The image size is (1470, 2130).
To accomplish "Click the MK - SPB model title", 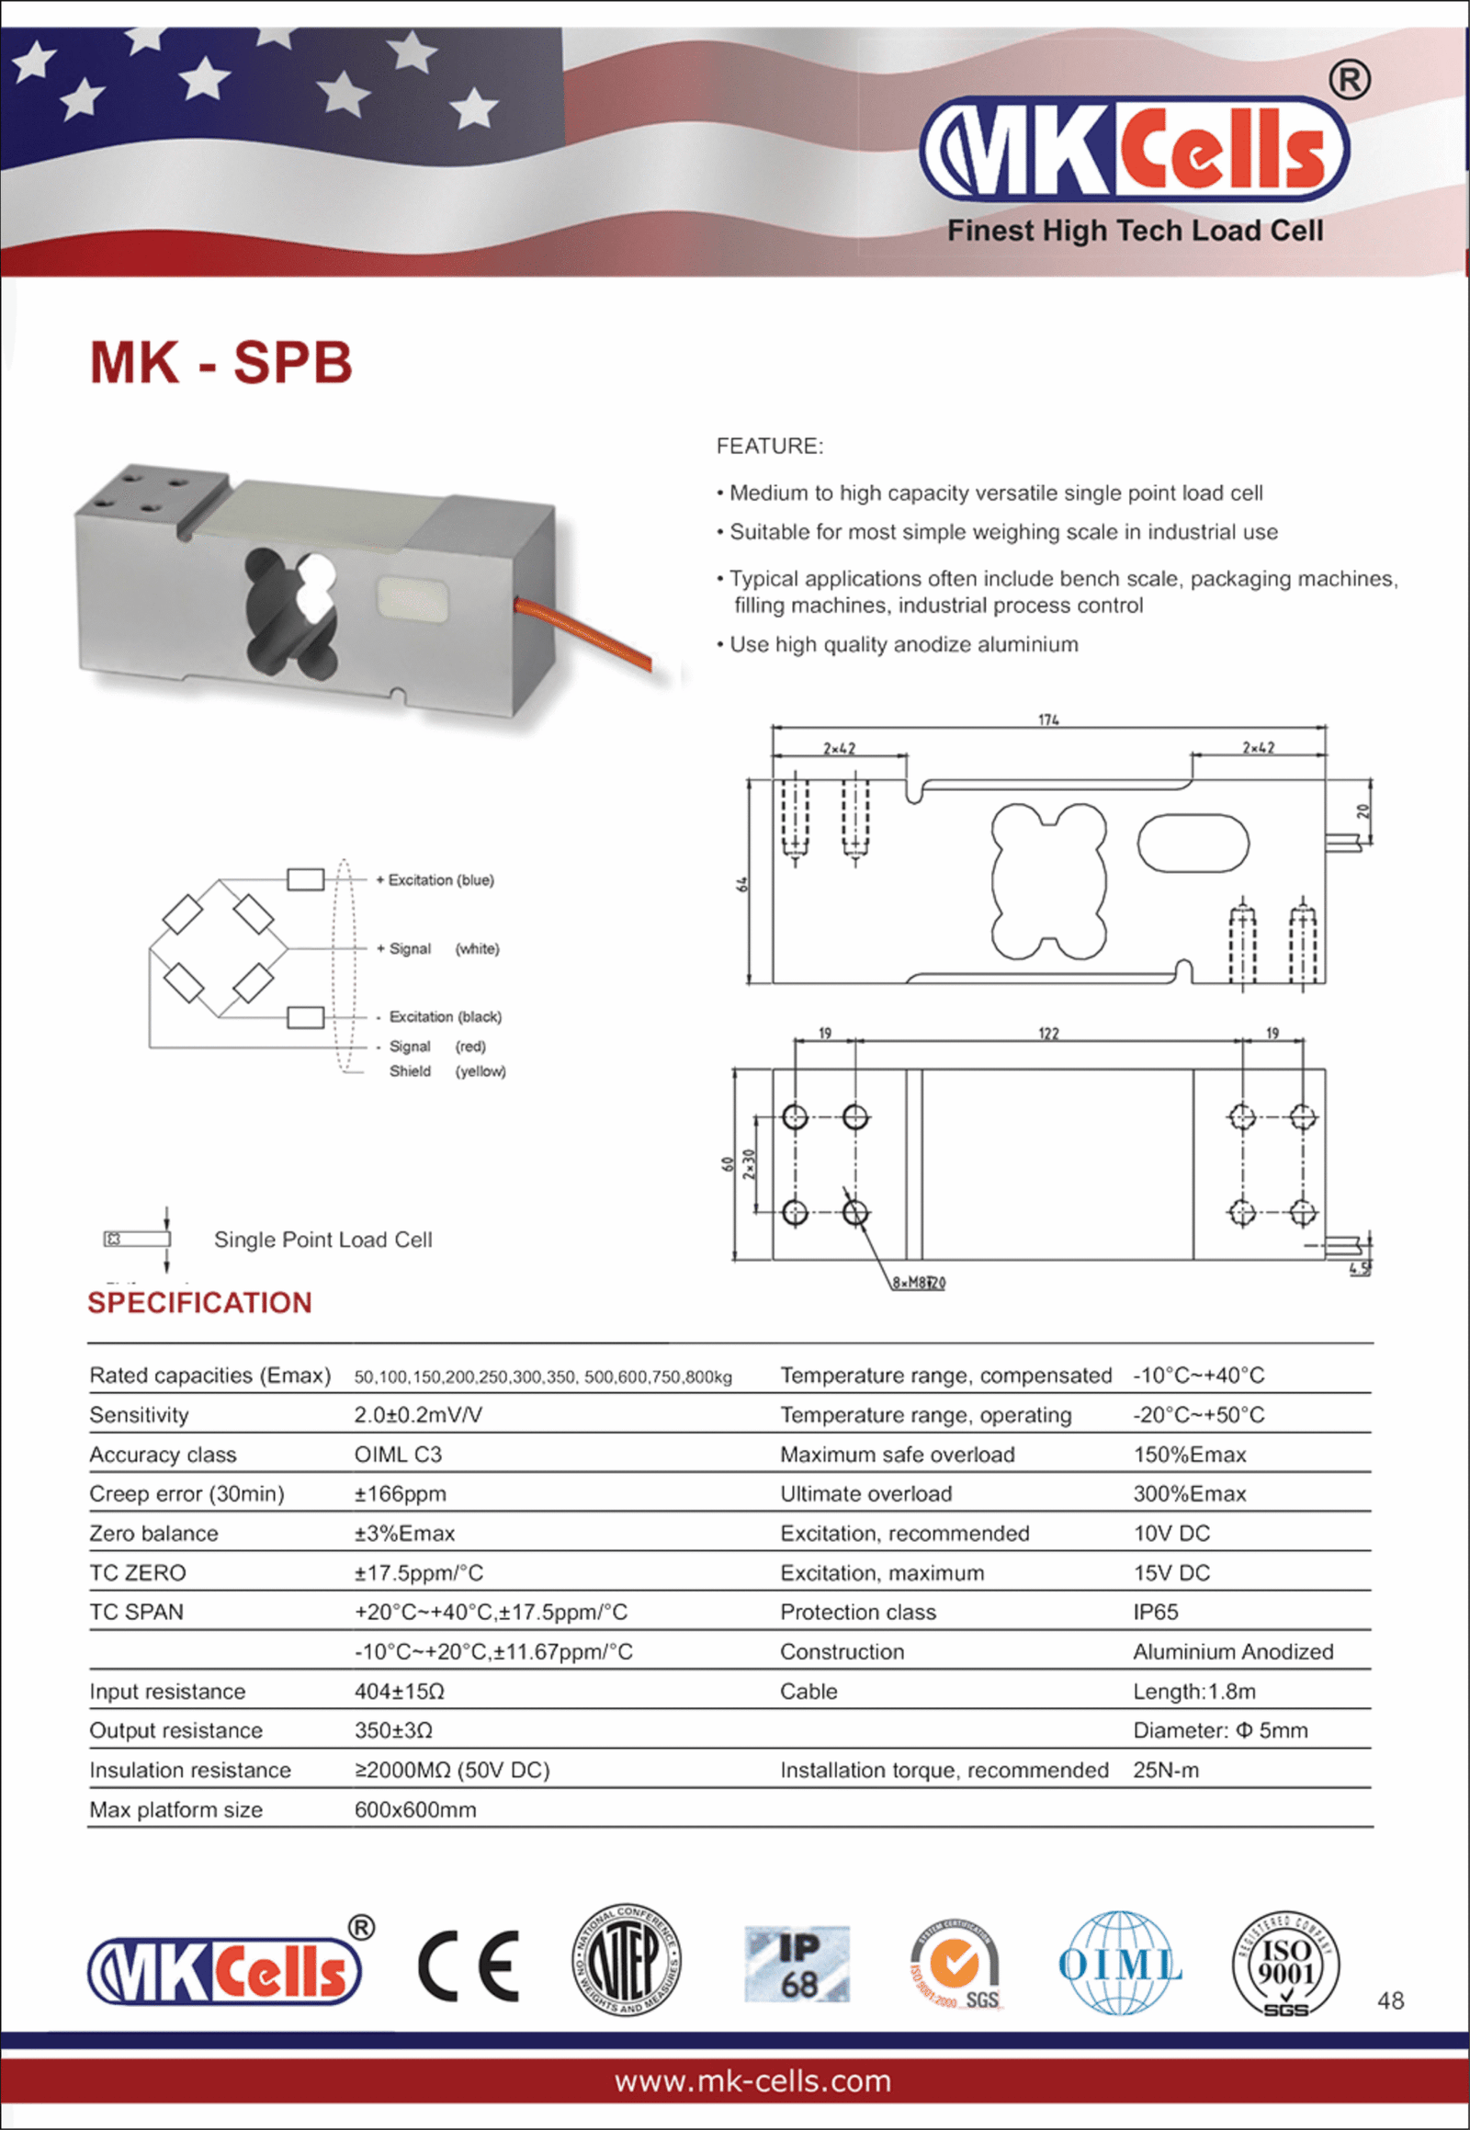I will click(x=221, y=362).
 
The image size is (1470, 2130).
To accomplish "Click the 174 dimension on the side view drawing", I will click(x=1048, y=719).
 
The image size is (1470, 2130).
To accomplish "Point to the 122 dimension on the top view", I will click(x=1048, y=1034).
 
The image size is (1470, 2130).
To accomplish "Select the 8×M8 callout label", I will click(x=918, y=1283).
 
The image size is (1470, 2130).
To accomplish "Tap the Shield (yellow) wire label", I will click(x=447, y=1071).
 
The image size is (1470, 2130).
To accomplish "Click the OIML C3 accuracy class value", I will click(x=398, y=1454).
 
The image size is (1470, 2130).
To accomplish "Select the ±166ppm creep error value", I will click(x=400, y=1493).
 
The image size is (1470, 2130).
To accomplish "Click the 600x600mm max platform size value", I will click(x=415, y=1809).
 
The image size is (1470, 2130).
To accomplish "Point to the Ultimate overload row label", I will click(x=865, y=1493).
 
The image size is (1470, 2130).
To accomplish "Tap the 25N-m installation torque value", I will click(x=1166, y=1770).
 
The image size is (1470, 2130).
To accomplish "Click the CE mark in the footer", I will click(x=469, y=1966).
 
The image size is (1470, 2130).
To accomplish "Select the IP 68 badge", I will click(x=797, y=1965).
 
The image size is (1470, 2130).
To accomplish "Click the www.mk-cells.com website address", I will click(x=752, y=2081).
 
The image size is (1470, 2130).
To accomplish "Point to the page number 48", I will click(x=1390, y=2000).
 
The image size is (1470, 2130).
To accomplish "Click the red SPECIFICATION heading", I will click(x=200, y=1303).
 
